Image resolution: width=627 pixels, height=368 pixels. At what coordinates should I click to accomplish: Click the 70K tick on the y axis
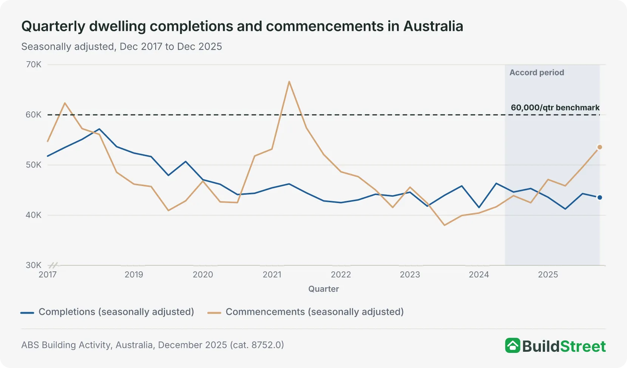(x=34, y=65)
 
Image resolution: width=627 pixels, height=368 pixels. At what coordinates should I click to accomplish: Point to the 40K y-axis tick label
(x=34, y=215)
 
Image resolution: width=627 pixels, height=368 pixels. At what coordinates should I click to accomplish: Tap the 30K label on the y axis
(x=34, y=265)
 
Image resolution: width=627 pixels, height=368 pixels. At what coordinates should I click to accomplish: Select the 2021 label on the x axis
(x=272, y=275)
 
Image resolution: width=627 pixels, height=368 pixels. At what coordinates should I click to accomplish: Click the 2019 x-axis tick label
(x=134, y=275)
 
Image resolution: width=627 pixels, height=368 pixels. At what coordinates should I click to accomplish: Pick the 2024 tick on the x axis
(x=479, y=275)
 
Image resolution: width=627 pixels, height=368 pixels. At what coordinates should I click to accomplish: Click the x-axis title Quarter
(x=324, y=289)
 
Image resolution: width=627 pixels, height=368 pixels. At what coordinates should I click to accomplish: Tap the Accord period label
(x=537, y=72)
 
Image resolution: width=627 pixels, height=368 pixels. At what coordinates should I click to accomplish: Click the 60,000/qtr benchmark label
(x=555, y=108)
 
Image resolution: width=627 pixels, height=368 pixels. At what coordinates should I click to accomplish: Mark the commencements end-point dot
(x=599, y=147)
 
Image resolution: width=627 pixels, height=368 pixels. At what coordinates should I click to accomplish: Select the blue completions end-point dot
(x=599, y=197)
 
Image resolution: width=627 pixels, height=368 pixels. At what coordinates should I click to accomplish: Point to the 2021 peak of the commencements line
(x=289, y=82)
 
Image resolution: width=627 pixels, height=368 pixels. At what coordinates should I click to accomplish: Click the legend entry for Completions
(x=107, y=312)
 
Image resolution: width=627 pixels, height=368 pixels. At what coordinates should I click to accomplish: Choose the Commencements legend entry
(x=306, y=312)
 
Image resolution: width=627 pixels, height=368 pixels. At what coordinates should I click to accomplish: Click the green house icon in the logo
(x=513, y=345)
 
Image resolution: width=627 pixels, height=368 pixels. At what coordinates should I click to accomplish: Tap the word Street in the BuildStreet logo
(x=583, y=346)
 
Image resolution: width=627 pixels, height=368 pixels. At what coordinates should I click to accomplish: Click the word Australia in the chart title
(x=433, y=26)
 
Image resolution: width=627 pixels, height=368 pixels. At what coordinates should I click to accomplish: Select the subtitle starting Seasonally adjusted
(x=122, y=46)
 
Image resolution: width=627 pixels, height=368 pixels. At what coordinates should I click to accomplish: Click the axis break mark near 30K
(x=53, y=265)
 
